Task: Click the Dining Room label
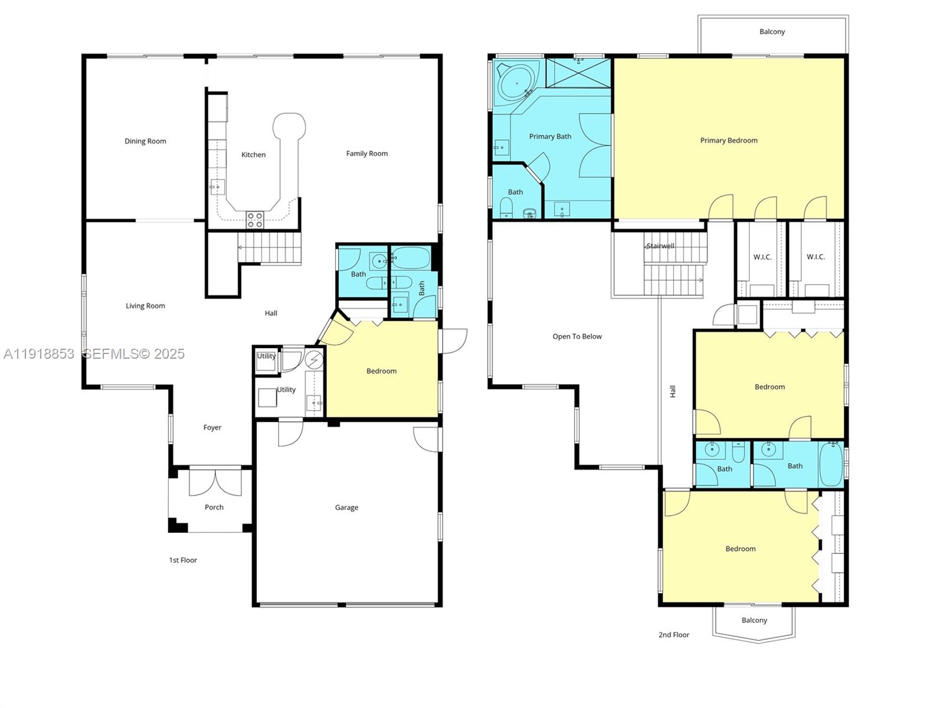[145, 141]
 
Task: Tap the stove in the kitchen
[255, 219]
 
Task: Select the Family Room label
[366, 153]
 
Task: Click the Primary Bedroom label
[728, 140]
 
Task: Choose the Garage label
[346, 507]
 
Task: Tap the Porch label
[214, 507]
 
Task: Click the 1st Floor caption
[183, 560]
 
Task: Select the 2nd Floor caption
[673, 635]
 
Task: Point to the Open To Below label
[577, 336]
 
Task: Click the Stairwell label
[660, 246]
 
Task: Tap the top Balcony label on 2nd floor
[772, 32]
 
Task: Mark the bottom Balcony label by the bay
[754, 620]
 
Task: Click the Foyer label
[212, 428]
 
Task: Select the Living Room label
[145, 306]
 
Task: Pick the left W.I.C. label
[762, 257]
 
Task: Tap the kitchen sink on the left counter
[217, 187]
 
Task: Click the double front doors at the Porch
[215, 482]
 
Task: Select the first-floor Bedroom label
[381, 371]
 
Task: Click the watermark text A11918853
[39, 353]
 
